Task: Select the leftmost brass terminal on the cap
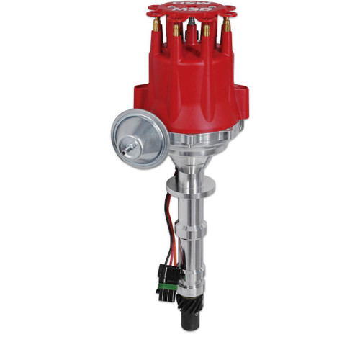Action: tap(156, 32)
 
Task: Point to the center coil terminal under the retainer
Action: tap(191, 32)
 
